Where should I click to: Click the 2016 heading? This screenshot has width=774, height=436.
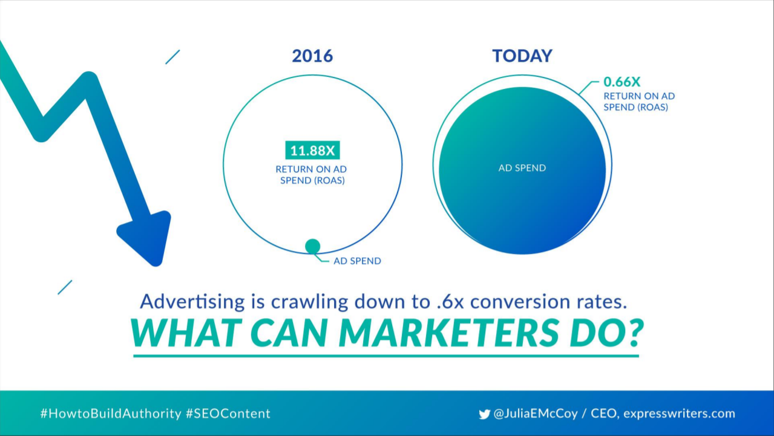pyautogui.click(x=312, y=56)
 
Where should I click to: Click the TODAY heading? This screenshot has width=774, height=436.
pyautogui.click(x=522, y=56)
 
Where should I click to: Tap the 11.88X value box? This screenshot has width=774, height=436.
pyautogui.click(x=312, y=150)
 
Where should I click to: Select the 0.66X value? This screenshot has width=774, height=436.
pyautogui.click(x=621, y=82)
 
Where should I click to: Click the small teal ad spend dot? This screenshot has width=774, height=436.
pyautogui.click(x=313, y=246)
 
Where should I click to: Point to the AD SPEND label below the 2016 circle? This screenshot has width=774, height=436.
pyautogui.click(x=357, y=261)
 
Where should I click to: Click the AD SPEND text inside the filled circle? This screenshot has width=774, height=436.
pyautogui.click(x=522, y=168)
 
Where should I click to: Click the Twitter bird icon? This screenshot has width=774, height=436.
pyautogui.click(x=485, y=414)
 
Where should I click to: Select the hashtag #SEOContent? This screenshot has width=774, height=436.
pyautogui.click(x=228, y=414)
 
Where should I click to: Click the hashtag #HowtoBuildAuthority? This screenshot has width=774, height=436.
pyautogui.click(x=111, y=414)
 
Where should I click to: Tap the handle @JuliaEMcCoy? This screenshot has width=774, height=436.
pyautogui.click(x=536, y=414)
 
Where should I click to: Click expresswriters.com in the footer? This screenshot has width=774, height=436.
pyautogui.click(x=680, y=414)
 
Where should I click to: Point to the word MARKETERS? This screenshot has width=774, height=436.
pyautogui.click(x=448, y=333)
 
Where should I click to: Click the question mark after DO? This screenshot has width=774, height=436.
pyautogui.click(x=635, y=333)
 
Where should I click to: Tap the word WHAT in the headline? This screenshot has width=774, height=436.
pyautogui.click(x=186, y=333)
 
